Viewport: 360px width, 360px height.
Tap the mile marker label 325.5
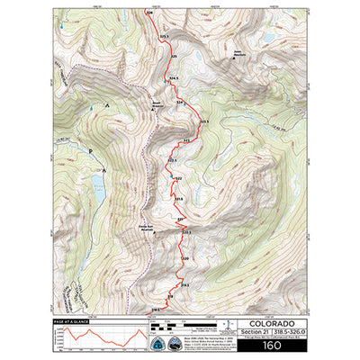[x=164, y=35]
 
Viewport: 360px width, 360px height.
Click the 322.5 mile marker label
[x=172, y=160]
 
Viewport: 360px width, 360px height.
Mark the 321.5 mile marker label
[x=178, y=199]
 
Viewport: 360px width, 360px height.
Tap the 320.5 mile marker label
[x=186, y=233]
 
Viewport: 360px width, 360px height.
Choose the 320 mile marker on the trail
[x=185, y=259]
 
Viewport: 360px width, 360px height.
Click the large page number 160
[x=271, y=344]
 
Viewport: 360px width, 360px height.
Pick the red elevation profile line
[x=103, y=339]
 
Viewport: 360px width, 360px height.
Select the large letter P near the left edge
[x=91, y=148]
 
